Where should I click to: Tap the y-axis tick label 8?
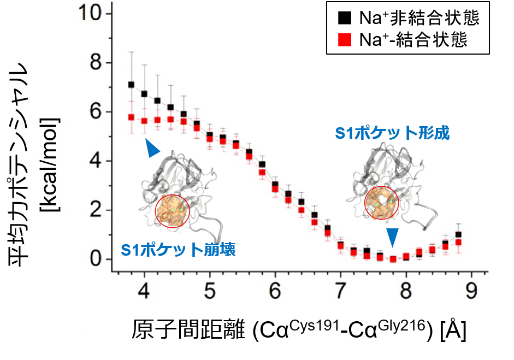(95, 63)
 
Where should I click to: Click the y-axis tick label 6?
(95, 112)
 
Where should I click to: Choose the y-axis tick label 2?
(95, 210)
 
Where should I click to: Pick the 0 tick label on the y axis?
(95, 259)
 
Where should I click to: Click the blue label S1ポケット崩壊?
(178, 251)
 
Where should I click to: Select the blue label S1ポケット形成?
(393, 133)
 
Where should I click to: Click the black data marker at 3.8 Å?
(131, 85)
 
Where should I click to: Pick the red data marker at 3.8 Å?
(131, 117)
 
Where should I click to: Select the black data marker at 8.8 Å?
(458, 234)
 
